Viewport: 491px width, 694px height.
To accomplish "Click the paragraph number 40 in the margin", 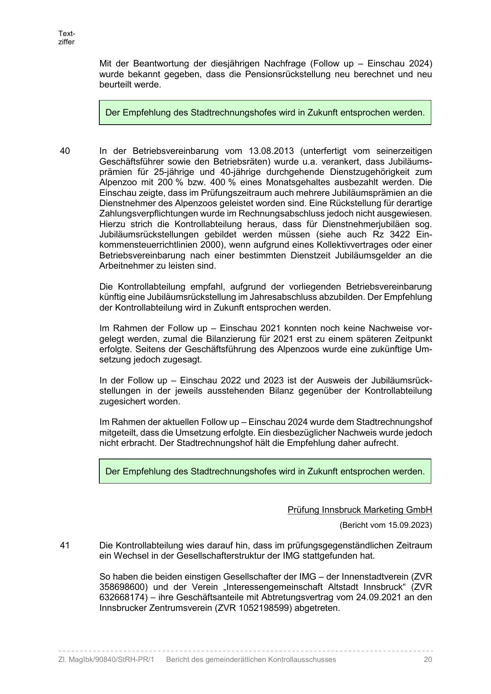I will [x=65, y=151].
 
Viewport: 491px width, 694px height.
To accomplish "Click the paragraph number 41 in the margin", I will [x=65, y=545].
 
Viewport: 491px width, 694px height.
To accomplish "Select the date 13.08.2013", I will [x=271, y=151].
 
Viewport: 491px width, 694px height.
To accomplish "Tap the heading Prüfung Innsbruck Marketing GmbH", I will [x=360, y=510].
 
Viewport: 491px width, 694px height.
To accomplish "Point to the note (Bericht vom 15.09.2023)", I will [x=385, y=525].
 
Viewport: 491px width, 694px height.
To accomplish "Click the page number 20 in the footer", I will [x=428, y=660].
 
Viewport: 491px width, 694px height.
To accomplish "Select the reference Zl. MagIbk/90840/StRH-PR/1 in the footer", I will [x=106, y=660].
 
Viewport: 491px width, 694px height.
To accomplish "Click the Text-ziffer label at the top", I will [x=66, y=38].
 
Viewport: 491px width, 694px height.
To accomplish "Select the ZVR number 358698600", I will [x=121, y=587].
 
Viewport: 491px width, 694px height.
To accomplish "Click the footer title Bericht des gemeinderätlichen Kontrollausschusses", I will [x=251, y=660].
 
